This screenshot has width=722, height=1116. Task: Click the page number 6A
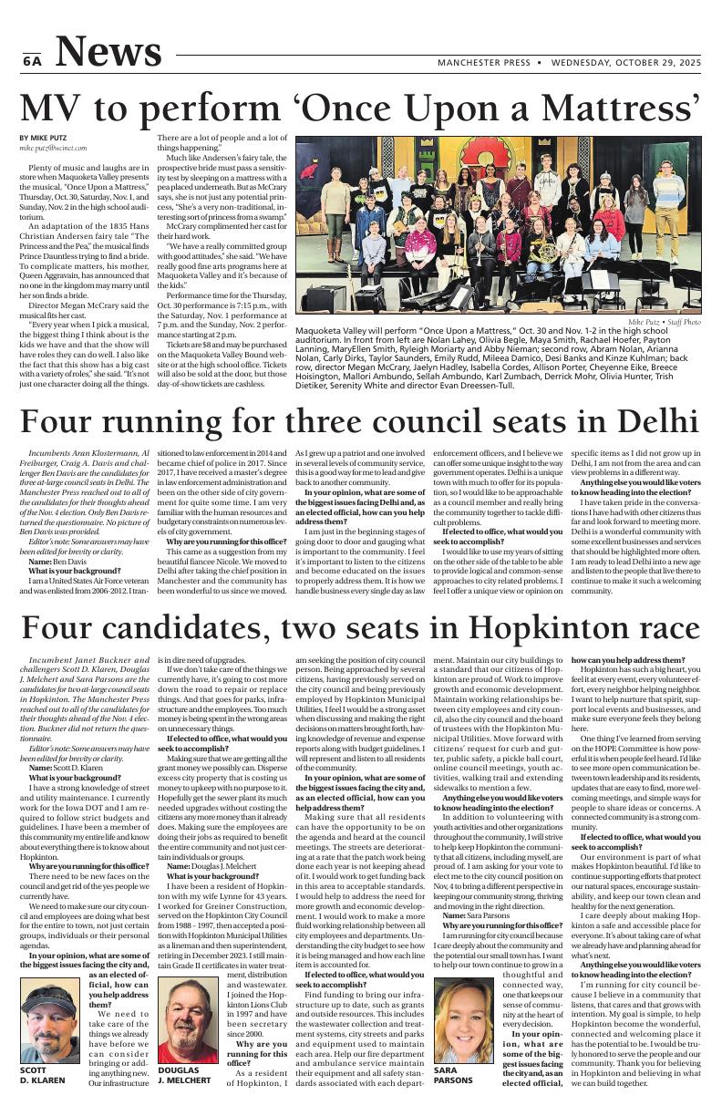[x=31, y=61]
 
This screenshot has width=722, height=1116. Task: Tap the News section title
[x=113, y=52]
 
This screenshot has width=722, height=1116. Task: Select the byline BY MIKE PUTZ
[x=43, y=138]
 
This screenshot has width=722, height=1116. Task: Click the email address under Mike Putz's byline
[x=53, y=148]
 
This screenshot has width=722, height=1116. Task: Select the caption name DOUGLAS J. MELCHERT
[x=184, y=1074]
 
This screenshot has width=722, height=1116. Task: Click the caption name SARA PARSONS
[x=453, y=1074]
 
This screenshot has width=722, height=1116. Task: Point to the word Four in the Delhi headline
[x=63, y=422]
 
